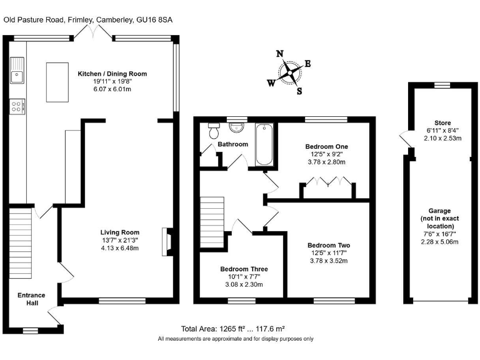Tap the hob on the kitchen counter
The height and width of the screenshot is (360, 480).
click(16, 107)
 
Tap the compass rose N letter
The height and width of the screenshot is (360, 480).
click(281, 53)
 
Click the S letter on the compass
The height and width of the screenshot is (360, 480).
click(299, 91)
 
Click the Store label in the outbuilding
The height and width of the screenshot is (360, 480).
click(442, 123)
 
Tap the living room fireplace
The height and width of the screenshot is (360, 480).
click(166, 242)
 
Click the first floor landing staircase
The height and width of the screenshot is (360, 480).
click(211, 222)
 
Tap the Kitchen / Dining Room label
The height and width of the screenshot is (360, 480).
click(112, 74)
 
